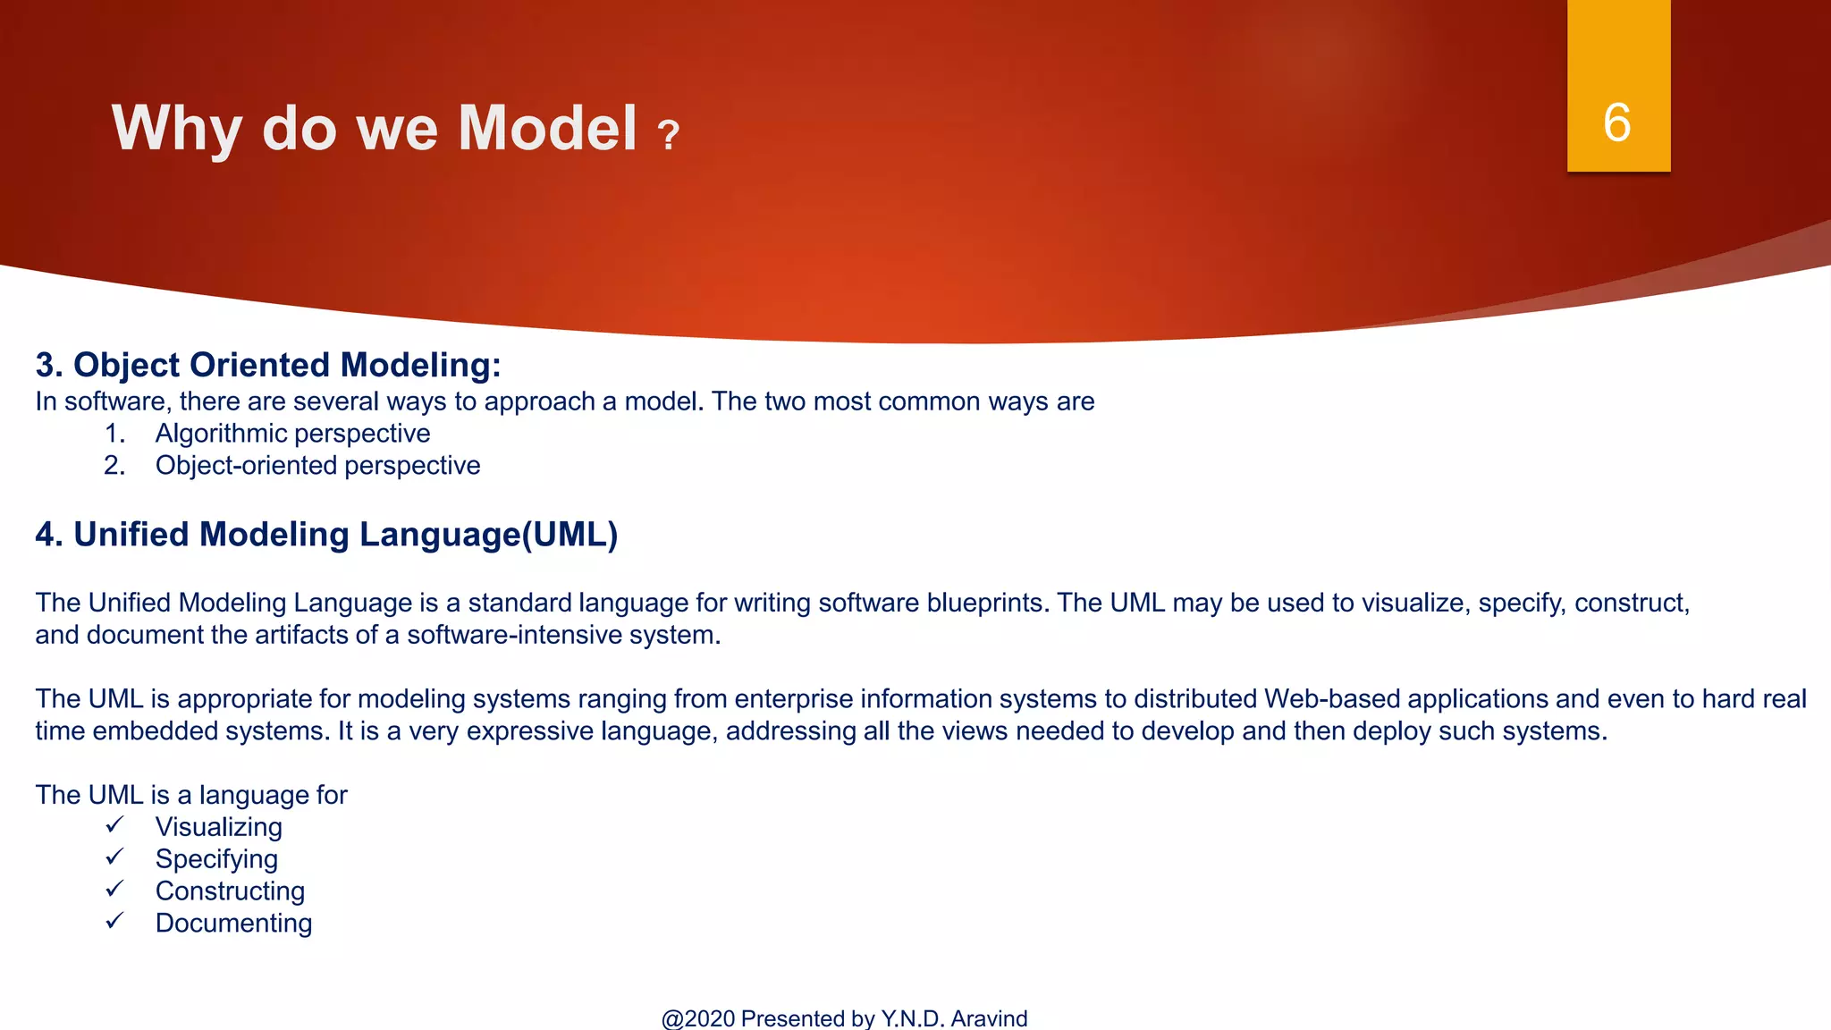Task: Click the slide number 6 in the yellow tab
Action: tap(1617, 122)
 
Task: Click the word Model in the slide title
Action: tap(547, 129)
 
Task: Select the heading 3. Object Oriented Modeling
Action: tap(268, 365)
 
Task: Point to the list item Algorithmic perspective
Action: tap(292, 434)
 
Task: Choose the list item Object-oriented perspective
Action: tap(317, 466)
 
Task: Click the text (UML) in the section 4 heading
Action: tap(570, 535)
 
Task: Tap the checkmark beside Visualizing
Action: tap(114, 824)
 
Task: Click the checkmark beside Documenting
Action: tap(114, 921)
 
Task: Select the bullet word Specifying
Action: tap(216, 859)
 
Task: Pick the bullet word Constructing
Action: tap(230, 891)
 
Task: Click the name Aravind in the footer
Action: tap(989, 1018)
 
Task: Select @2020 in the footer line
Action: tap(698, 1018)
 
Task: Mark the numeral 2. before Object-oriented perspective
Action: tap(114, 466)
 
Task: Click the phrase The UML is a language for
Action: tap(191, 795)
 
